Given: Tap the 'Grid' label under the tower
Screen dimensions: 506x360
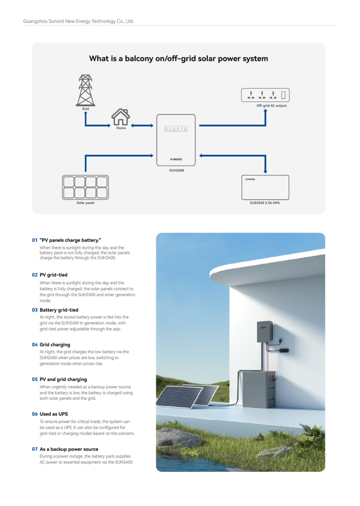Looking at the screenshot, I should (85, 109).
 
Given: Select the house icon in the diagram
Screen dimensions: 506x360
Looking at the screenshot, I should (121, 117).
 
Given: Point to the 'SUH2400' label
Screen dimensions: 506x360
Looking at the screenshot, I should (176, 171).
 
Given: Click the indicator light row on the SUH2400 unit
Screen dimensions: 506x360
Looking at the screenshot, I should (176, 128).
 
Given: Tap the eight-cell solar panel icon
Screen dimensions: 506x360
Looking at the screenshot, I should (85, 187).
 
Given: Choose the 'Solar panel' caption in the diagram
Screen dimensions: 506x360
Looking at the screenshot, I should (85, 203).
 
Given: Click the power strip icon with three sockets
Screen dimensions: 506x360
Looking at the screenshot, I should (264, 95).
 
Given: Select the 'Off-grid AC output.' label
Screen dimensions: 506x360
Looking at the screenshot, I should (272, 106).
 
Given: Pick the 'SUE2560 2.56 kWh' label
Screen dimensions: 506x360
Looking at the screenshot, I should (265, 203).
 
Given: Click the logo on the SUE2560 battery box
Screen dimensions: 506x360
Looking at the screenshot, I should (250, 179).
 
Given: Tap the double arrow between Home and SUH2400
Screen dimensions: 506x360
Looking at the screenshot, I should (142, 126).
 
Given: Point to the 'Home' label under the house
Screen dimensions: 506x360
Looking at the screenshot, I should (121, 128).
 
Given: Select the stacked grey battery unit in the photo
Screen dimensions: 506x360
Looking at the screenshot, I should (257, 384).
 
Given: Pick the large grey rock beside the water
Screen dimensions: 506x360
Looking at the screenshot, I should (178, 437).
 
